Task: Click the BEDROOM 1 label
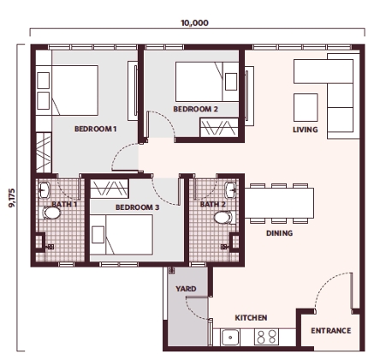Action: tap(95, 129)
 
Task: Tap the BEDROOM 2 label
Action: tap(195, 110)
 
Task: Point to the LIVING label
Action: tap(305, 130)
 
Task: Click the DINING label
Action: tap(279, 232)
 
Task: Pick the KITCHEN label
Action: tap(251, 317)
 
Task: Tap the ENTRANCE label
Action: tap(330, 330)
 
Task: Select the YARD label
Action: tap(186, 290)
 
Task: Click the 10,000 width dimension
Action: tap(193, 24)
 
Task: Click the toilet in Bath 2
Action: tap(224, 218)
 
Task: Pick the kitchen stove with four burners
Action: tap(265, 338)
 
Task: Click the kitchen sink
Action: tap(231, 338)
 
